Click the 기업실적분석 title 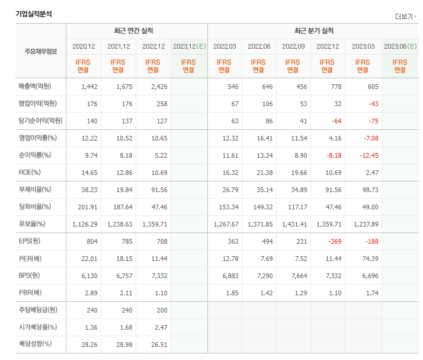coord(34,14)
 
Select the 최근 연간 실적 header coord(137,31)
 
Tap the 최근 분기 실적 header coord(313,31)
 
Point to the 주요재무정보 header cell coord(37,51)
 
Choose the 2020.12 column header coord(84,46)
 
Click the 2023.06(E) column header coord(400,46)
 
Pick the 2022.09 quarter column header coord(293,46)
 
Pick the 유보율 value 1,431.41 coord(293,225)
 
